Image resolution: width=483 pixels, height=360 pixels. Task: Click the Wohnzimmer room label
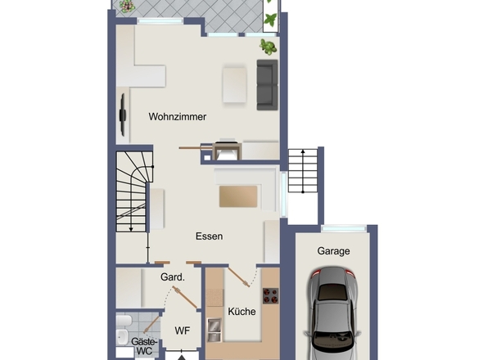[178, 117]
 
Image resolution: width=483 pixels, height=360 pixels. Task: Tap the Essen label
[209, 236]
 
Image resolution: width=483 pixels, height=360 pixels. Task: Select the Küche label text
[241, 312]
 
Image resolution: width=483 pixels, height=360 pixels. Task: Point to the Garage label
[334, 251]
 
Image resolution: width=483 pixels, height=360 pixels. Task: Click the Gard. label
[173, 277]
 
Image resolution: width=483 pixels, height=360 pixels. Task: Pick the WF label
[182, 331]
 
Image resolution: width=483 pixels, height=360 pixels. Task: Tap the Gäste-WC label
[144, 346]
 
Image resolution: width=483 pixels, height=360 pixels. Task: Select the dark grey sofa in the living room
[268, 85]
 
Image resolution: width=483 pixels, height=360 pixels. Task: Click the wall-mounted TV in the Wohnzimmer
[123, 115]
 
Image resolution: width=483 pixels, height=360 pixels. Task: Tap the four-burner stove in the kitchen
[270, 295]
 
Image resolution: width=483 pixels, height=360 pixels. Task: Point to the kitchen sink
[214, 330]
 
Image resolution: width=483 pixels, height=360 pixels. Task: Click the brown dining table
[238, 196]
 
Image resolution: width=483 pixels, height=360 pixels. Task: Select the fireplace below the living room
[227, 151]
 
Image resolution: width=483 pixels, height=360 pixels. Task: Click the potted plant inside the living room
[269, 47]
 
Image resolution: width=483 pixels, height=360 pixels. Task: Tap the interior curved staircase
[133, 191]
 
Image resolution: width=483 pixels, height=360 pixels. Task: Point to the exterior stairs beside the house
[303, 171]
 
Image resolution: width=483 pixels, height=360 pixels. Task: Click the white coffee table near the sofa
[234, 85]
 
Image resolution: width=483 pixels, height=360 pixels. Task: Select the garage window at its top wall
[344, 228]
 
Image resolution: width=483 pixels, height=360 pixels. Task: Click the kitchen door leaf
[239, 277]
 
